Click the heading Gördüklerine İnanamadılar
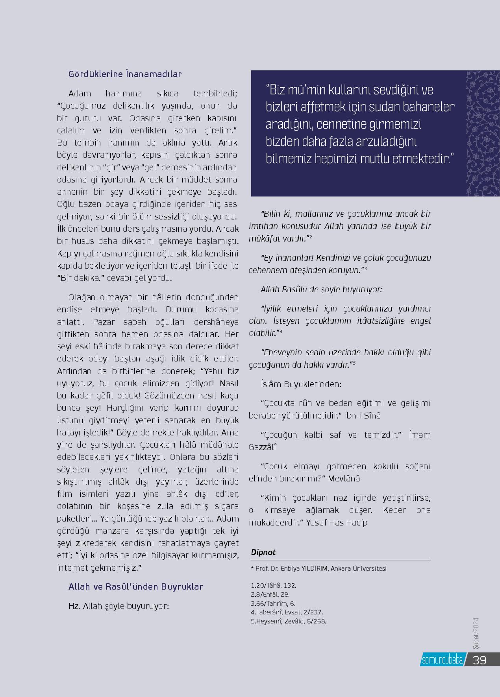(125, 74)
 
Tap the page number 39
(480, 660)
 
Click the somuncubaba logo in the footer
(442, 660)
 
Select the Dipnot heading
(263, 552)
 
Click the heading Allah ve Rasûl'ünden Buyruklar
(135, 586)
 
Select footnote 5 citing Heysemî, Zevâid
(289, 621)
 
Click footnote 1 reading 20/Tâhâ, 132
(273, 585)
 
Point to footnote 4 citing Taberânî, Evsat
(287, 612)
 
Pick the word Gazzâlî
(263, 447)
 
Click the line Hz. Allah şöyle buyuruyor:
(119, 606)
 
